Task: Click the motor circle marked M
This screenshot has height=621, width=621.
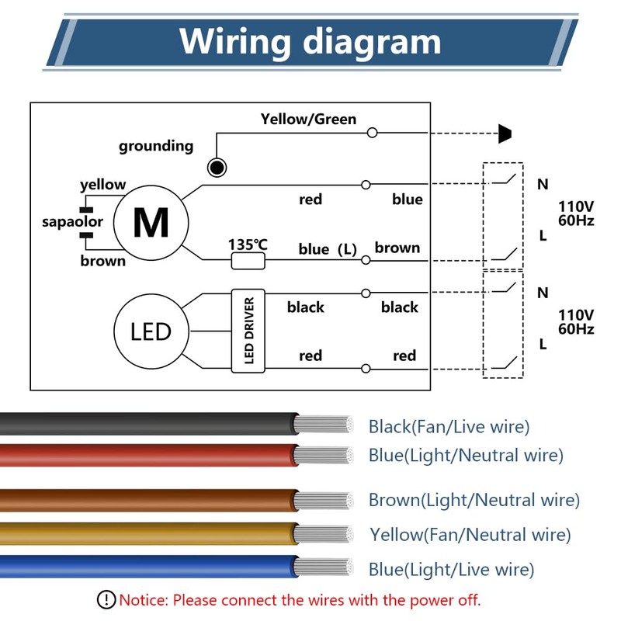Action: pyautogui.click(x=151, y=223)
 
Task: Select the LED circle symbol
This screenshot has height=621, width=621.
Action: pyautogui.click(x=151, y=332)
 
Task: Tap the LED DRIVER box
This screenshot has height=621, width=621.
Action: pyautogui.click(x=248, y=331)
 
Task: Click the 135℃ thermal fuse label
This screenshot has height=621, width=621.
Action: pyautogui.click(x=248, y=245)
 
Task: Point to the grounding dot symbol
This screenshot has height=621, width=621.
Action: pyautogui.click(x=217, y=167)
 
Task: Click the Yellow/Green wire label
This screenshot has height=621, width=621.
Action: pyautogui.click(x=308, y=120)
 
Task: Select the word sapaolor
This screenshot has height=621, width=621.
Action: pyautogui.click(x=72, y=222)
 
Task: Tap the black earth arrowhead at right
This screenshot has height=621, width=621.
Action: pyautogui.click(x=505, y=134)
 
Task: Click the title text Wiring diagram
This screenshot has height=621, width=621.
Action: pyautogui.click(x=310, y=40)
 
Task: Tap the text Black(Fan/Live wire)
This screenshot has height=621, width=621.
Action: pyautogui.click(x=449, y=426)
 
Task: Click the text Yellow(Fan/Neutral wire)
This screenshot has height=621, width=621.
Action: pyautogui.click(x=470, y=535)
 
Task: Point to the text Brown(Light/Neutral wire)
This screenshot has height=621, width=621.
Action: pyautogui.click(x=474, y=500)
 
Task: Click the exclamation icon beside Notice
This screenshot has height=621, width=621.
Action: pyautogui.click(x=106, y=599)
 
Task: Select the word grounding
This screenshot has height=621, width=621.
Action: pyautogui.click(x=156, y=146)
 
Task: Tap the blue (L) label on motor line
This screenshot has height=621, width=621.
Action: pyautogui.click(x=327, y=249)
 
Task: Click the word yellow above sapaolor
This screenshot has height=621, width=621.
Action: pyautogui.click(x=102, y=185)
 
